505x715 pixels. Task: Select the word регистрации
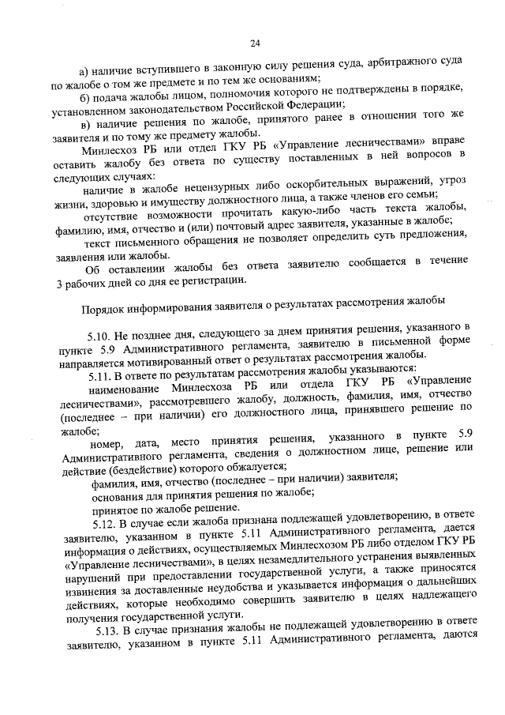215,282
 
